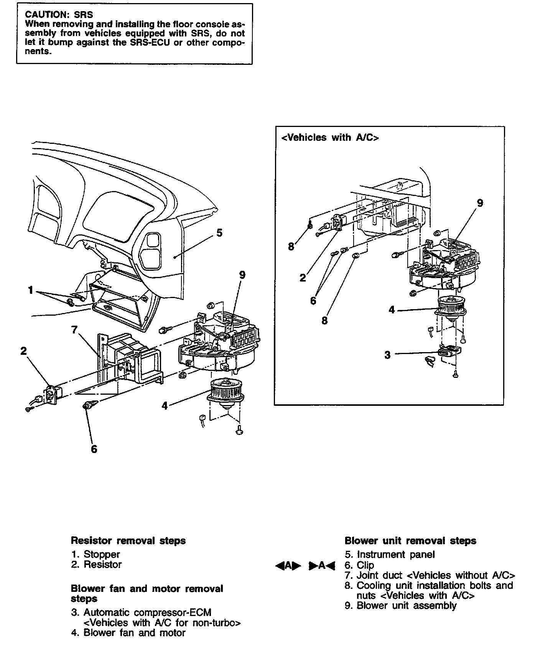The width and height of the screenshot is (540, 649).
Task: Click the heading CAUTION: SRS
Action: click(x=59, y=15)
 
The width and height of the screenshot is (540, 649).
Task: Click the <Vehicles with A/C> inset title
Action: click(x=330, y=138)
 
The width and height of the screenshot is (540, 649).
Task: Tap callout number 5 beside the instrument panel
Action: click(x=219, y=233)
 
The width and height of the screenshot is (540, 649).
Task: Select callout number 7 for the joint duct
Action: click(x=74, y=329)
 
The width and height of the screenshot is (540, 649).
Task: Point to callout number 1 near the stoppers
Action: click(x=31, y=290)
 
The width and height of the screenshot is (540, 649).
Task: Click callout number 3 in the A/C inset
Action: click(x=387, y=355)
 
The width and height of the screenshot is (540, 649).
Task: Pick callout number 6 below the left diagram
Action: click(x=94, y=449)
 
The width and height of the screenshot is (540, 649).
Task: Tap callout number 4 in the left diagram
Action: click(x=165, y=405)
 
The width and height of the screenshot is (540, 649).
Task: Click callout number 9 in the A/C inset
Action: click(x=480, y=203)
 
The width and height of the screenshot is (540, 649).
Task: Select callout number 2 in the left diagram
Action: click(x=24, y=351)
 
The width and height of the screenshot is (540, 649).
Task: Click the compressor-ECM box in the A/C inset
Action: click(x=449, y=351)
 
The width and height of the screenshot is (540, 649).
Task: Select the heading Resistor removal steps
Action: click(x=128, y=541)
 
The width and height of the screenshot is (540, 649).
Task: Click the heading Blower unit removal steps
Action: click(x=410, y=541)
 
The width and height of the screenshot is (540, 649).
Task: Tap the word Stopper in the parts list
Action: click(x=102, y=554)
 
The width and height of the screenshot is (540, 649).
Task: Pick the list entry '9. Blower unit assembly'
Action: click(x=400, y=606)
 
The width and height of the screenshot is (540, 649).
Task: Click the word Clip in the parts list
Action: click(x=365, y=565)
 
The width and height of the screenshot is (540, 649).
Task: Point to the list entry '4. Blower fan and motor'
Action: click(x=128, y=633)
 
